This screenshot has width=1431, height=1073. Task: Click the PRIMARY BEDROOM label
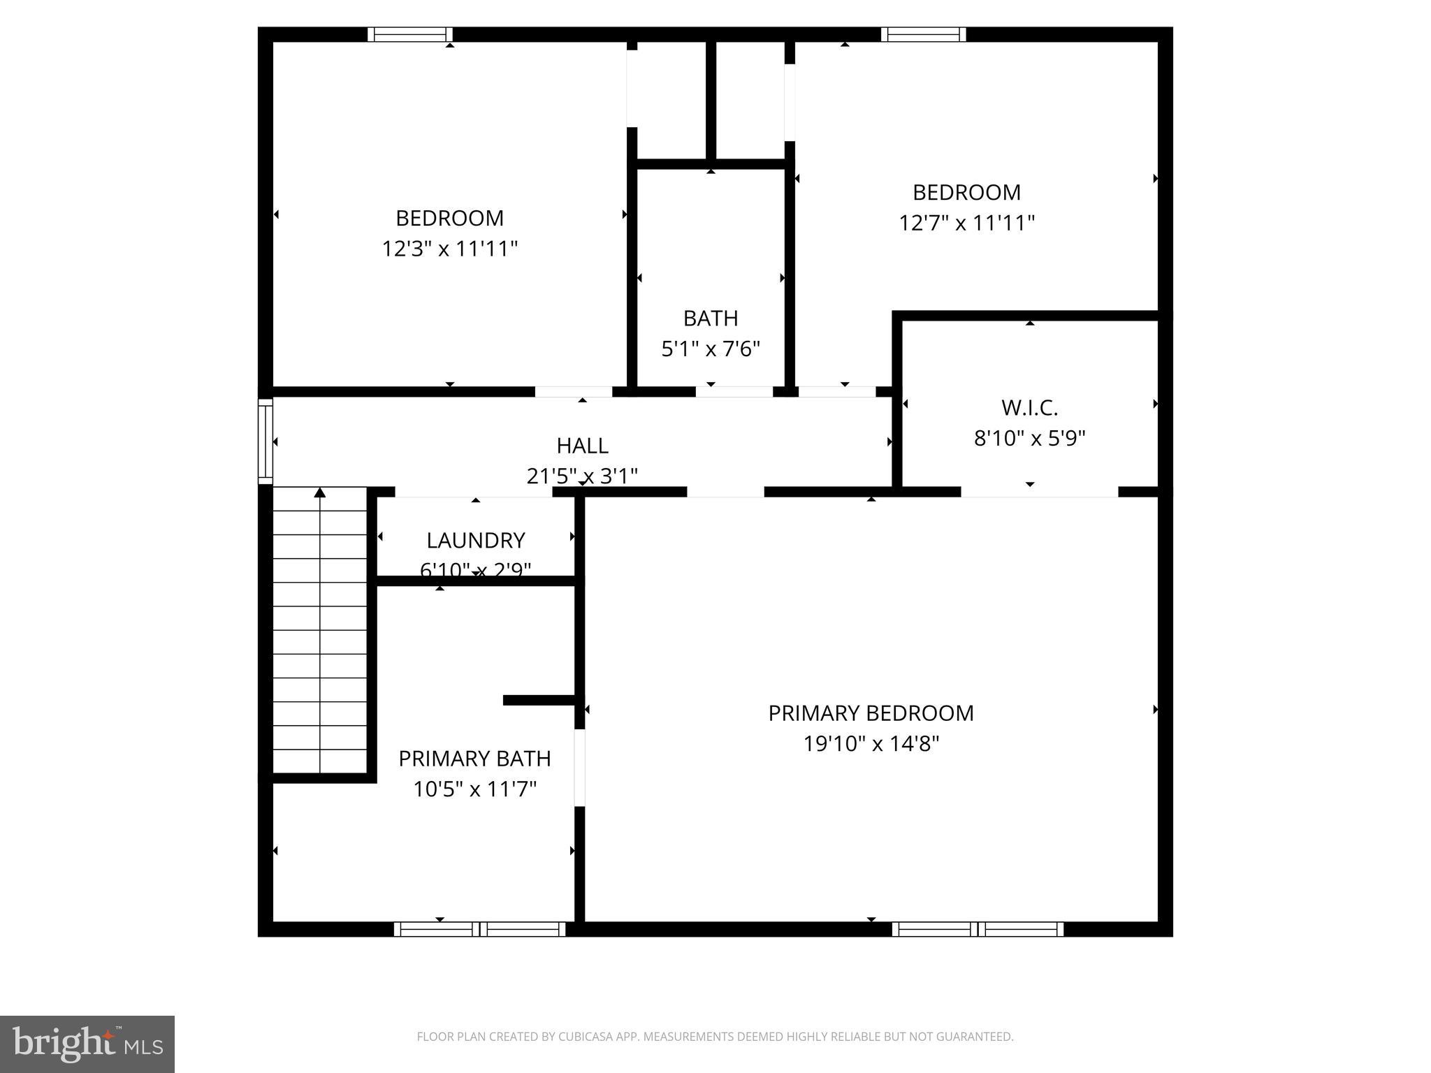click(x=871, y=713)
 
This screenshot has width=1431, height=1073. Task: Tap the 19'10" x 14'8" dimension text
click(x=871, y=744)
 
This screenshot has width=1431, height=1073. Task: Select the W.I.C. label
click(x=1029, y=407)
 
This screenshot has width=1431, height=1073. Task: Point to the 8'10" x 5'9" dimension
click(x=1029, y=439)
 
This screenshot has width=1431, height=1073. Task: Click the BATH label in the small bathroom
click(x=711, y=319)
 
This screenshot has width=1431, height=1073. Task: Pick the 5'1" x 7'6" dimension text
click(x=711, y=349)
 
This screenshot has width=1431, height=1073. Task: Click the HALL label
click(x=582, y=446)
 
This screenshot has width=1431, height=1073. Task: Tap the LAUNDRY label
click(x=476, y=540)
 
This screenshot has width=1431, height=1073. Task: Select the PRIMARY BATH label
click(x=474, y=759)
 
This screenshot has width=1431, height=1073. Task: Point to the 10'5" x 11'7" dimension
click(x=474, y=789)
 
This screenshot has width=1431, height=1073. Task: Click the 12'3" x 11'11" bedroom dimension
click(x=449, y=249)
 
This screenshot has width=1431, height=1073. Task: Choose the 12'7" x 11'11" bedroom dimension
click(x=966, y=223)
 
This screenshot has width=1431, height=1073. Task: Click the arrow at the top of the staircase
click(x=320, y=493)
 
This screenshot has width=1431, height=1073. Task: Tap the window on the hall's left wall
click(x=265, y=441)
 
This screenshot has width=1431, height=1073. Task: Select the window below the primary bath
click(x=479, y=929)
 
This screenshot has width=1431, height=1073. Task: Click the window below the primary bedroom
click(x=978, y=929)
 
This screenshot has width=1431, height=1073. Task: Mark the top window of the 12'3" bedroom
click(x=410, y=34)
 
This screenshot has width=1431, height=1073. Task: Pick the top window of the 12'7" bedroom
click(x=924, y=34)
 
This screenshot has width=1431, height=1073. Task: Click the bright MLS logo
click(x=87, y=1044)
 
